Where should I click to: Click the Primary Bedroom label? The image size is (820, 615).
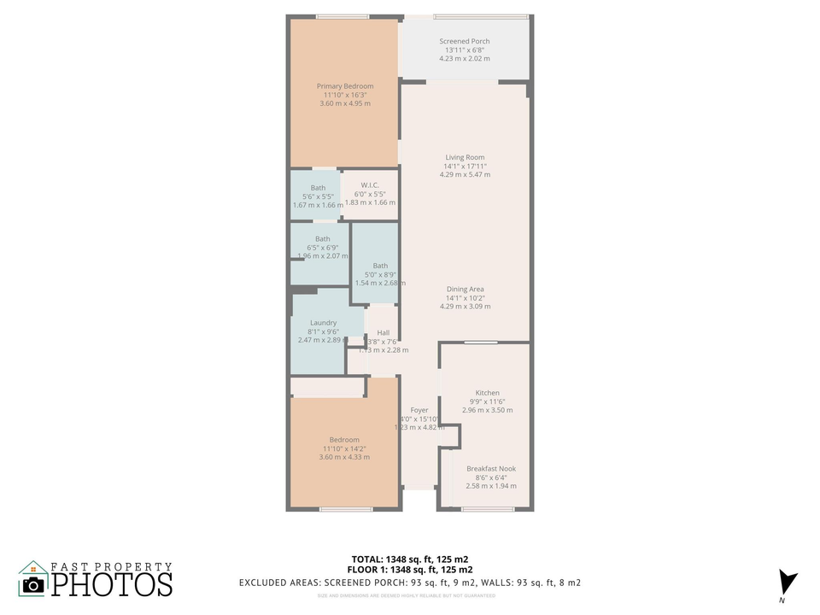[345, 86]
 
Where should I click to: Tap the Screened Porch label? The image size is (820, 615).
[465, 41]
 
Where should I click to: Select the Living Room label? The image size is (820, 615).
[465, 157]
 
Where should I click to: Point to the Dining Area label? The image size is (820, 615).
[465, 290]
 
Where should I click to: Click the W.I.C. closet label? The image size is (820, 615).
[370, 185]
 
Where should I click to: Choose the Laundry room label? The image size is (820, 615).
[323, 323]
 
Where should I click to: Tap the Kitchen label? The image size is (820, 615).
[488, 393]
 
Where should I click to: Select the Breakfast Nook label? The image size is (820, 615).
[491, 469]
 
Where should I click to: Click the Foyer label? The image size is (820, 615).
[419, 411]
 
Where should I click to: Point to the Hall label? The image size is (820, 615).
[383, 333]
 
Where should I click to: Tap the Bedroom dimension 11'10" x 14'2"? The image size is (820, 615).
[344, 448]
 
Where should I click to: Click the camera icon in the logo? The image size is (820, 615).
[33, 584]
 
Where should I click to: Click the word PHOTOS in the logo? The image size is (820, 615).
[111, 585]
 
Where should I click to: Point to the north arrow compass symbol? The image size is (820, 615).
[788, 583]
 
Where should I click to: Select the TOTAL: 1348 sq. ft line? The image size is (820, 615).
[410, 559]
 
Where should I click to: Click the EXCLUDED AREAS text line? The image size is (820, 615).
[410, 583]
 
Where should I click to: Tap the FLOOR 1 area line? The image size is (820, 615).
[410, 570]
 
